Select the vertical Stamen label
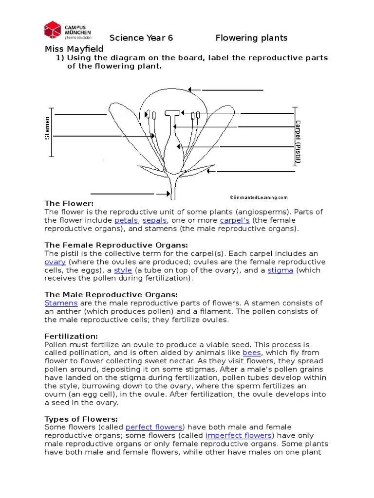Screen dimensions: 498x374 click(x=47, y=128)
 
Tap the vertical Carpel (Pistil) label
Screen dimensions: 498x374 click(x=298, y=141)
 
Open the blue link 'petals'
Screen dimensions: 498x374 click(x=126, y=220)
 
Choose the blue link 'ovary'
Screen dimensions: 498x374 click(x=55, y=262)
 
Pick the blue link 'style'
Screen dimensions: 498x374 click(x=123, y=270)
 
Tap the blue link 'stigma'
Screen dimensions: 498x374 click(x=280, y=270)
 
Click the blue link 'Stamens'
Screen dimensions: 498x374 click(x=61, y=303)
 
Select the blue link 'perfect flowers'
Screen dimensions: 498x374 click(x=154, y=427)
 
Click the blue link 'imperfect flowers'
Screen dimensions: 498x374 click(x=238, y=436)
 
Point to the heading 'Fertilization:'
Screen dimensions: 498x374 click(x=71, y=336)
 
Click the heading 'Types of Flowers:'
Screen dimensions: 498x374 click(x=81, y=419)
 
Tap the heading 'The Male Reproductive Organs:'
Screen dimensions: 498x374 click(x=111, y=295)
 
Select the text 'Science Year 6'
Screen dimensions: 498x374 click(x=141, y=38)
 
